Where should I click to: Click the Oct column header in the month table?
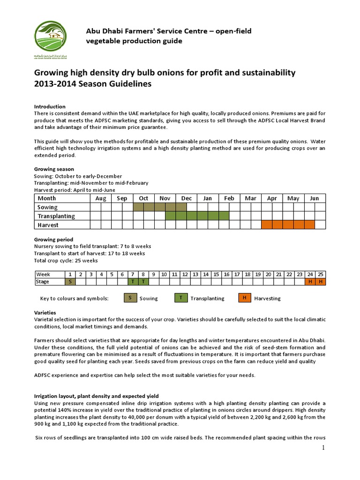pos(144,198)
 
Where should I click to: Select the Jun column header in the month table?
pos(315,198)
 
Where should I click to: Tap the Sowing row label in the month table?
pos(48,207)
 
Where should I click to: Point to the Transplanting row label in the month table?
pos(56,216)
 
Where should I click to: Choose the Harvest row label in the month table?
pos(48,225)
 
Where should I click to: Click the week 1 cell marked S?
pos(70,282)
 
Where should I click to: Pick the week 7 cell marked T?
pos(132,282)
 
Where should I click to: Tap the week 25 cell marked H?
pos(321,282)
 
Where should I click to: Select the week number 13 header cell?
pos(195,274)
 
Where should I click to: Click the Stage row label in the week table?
pos(43,282)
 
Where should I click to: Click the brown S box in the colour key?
pos(130,298)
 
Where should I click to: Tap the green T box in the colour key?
pos(180,298)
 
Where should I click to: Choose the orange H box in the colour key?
pos(244,298)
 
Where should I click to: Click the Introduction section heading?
pos(50,106)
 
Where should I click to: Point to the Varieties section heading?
pos(45,312)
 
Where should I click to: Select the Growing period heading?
pos(53,240)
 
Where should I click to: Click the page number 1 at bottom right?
pos(323,448)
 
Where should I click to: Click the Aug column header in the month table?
pos(101,198)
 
